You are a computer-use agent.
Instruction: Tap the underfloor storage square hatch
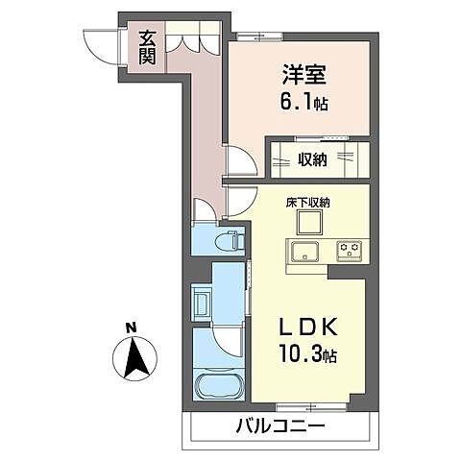(x=308, y=223)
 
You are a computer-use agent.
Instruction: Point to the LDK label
(x=306, y=328)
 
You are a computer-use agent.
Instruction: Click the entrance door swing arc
(x=99, y=43)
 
